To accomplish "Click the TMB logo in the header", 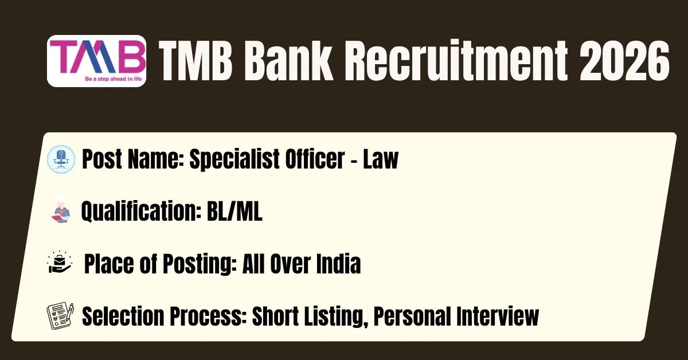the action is coord(96,61).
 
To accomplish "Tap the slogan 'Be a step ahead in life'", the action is coord(114,79).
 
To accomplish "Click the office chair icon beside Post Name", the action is coord(61,159).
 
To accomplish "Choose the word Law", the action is coord(381,159).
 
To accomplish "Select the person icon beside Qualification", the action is coord(61,212).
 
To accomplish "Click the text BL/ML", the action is coord(234,212).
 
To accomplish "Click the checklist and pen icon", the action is coord(60,316).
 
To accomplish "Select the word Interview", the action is coord(498,316).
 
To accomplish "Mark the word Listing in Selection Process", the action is coord(336,317).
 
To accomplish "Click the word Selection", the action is coord(123,316).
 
